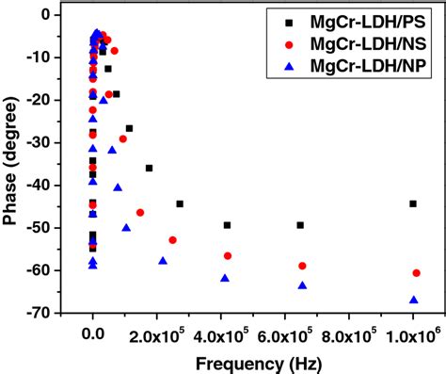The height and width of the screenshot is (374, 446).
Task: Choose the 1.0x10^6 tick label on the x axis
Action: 413,335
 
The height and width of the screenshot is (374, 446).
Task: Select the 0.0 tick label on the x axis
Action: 92,335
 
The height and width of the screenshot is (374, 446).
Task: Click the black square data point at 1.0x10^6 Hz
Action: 413,203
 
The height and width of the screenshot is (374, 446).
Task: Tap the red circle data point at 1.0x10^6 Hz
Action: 416,273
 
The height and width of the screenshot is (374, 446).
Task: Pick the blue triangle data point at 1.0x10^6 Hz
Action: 414,300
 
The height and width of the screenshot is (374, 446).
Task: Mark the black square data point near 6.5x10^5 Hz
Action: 301,225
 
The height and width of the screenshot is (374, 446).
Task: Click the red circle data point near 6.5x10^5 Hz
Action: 302,266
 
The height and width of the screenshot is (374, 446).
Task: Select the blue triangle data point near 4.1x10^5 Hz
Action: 225,278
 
